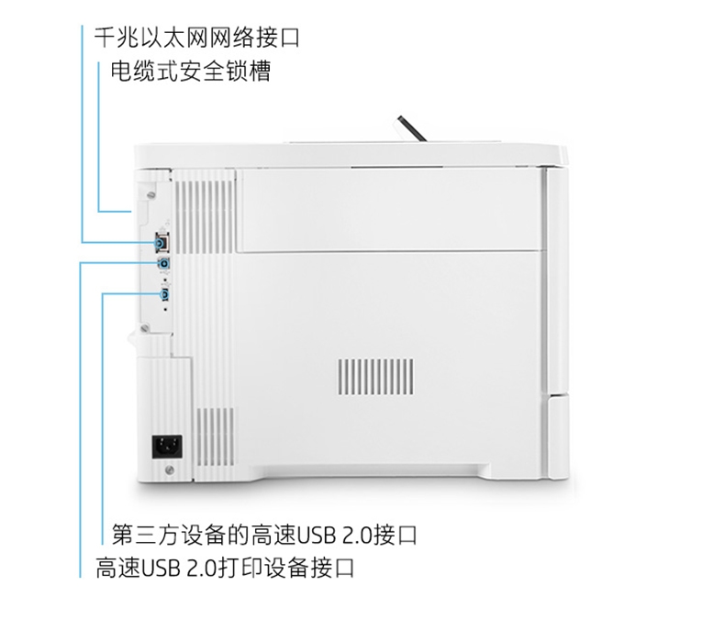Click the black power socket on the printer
click(167, 447)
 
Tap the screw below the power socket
click(170, 470)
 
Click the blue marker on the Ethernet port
click(161, 242)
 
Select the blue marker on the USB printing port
click(164, 264)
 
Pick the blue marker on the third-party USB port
click(164, 294)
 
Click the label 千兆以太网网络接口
click(197, 38)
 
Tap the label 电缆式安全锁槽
click(191, 72)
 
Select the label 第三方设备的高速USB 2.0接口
click(264, 535)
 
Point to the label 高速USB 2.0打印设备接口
click(225, 568)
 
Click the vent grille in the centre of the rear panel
click(376, 376)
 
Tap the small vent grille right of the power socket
click(215, 437)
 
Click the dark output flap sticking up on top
click(411, 129)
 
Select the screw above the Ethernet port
click(151, 196)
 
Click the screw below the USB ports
click(146, 328)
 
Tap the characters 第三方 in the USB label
click(146, 535)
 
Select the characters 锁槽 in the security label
click(249, 72)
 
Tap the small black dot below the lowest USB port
click(165, 309)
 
